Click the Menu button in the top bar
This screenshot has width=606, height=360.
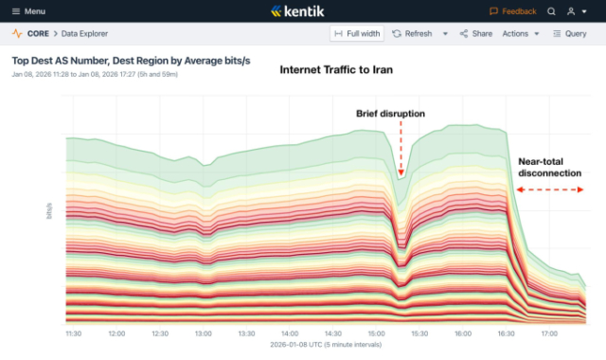coord(28,11)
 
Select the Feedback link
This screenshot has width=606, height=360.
coord(513,11)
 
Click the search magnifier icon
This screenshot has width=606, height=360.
coord(552,11)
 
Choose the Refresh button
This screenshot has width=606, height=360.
coord(413,33)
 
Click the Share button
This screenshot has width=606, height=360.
coord(476,33)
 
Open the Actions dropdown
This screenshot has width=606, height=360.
coord(521,33)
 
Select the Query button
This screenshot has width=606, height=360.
coord(570,33)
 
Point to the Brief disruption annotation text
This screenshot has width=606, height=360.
coord(390,114)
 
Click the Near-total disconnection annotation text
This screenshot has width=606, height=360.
coord(548,168)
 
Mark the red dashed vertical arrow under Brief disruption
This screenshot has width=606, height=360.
coord(401,149)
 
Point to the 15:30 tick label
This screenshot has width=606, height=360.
coord(420,333)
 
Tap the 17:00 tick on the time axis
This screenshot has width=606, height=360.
coord(549,333)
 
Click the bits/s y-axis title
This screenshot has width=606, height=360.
coord(49,210)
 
